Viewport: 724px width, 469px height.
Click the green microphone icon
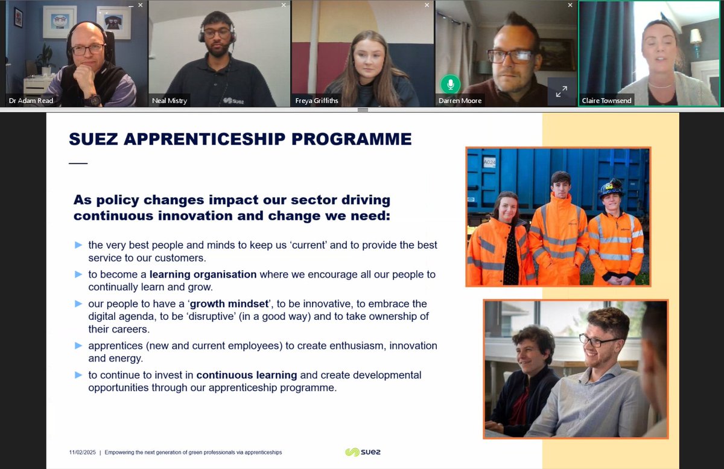pos(449,83)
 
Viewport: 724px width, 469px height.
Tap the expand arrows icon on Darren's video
pos(561,92)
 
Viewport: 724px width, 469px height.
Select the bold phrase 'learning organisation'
pos(203,275)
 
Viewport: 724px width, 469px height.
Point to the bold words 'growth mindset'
pos(228,304)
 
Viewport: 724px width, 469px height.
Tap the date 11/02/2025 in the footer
pos(82,452)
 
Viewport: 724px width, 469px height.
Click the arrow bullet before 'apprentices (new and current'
pos(78,346)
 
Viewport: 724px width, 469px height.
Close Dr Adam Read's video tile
pos(140,5)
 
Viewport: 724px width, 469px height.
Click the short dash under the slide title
pos(78,163)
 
